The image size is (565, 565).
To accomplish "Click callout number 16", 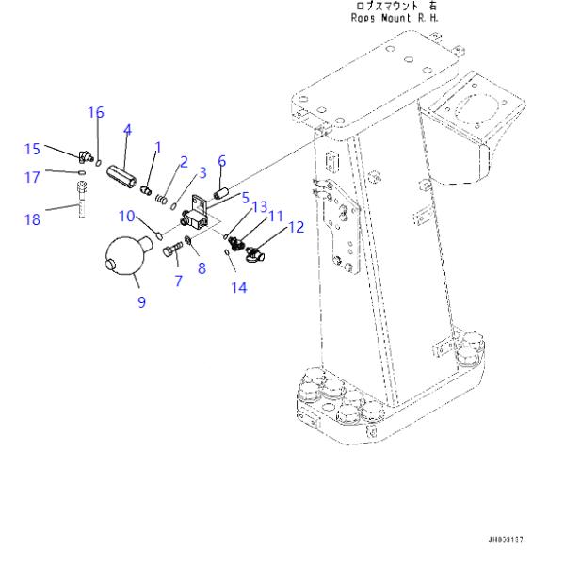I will click(96, 112).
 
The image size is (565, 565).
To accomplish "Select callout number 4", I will click(127, 130).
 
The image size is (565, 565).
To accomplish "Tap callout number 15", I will click(32, 148).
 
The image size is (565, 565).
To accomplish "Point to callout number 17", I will click(32, 175).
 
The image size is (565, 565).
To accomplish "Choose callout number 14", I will click(239, 288).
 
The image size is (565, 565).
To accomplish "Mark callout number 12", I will click(296, 227).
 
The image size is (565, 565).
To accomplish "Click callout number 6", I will click(222, 161).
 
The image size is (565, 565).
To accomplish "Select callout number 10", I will click(127, 217).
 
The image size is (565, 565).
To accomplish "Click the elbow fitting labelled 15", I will click(84, 156).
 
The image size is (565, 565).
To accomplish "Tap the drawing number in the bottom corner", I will click(505, 540).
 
